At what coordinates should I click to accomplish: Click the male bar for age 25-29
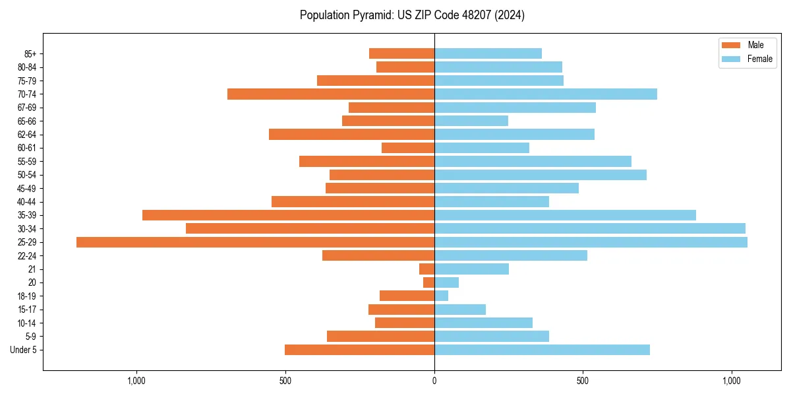[x=255, y=242]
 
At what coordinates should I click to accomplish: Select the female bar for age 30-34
[x=589, y=228]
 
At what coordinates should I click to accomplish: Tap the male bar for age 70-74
[x=331, y=94]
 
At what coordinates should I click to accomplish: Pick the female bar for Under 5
[x=542, y=350]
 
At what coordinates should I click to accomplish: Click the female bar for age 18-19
[x=441, y=296]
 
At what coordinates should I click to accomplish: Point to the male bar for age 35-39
[x=288, y=215]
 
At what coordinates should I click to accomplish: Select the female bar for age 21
[x=471, y=269]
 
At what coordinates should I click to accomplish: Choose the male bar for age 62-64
[x=351, y=135]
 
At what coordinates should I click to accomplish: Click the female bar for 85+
[x=488, y=53]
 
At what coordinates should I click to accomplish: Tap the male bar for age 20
[x=428, y=282]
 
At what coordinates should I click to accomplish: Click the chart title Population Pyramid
[x=412, y=15]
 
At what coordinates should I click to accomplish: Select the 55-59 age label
[x=27, y=162]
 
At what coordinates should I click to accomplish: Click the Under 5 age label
[x=23, y=350]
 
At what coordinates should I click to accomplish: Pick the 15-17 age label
[x=27, y=310]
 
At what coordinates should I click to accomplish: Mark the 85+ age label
[x=30, y=54]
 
